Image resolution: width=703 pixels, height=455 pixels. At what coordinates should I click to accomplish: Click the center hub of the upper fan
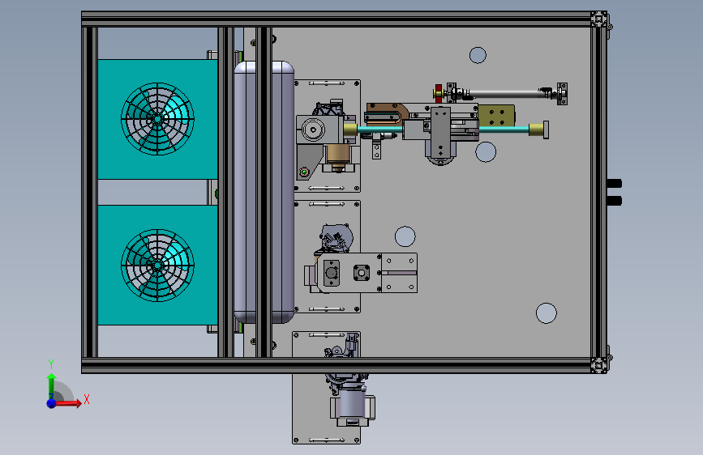[157, 119]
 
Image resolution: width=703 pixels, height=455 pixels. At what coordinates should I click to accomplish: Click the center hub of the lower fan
[157, 265]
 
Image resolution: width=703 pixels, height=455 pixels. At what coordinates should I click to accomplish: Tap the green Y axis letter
[51, 364]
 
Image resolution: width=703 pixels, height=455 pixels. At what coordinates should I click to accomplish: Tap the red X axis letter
[87, 399]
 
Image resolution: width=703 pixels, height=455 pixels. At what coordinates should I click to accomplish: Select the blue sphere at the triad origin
[52, 403]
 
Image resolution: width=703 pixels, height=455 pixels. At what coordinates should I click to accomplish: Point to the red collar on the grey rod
[439, 93]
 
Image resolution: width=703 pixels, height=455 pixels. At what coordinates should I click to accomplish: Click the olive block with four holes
[496, 117]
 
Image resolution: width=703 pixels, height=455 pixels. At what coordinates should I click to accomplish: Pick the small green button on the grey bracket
[304, 172]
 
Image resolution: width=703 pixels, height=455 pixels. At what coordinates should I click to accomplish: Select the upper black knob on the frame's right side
[615, 184]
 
